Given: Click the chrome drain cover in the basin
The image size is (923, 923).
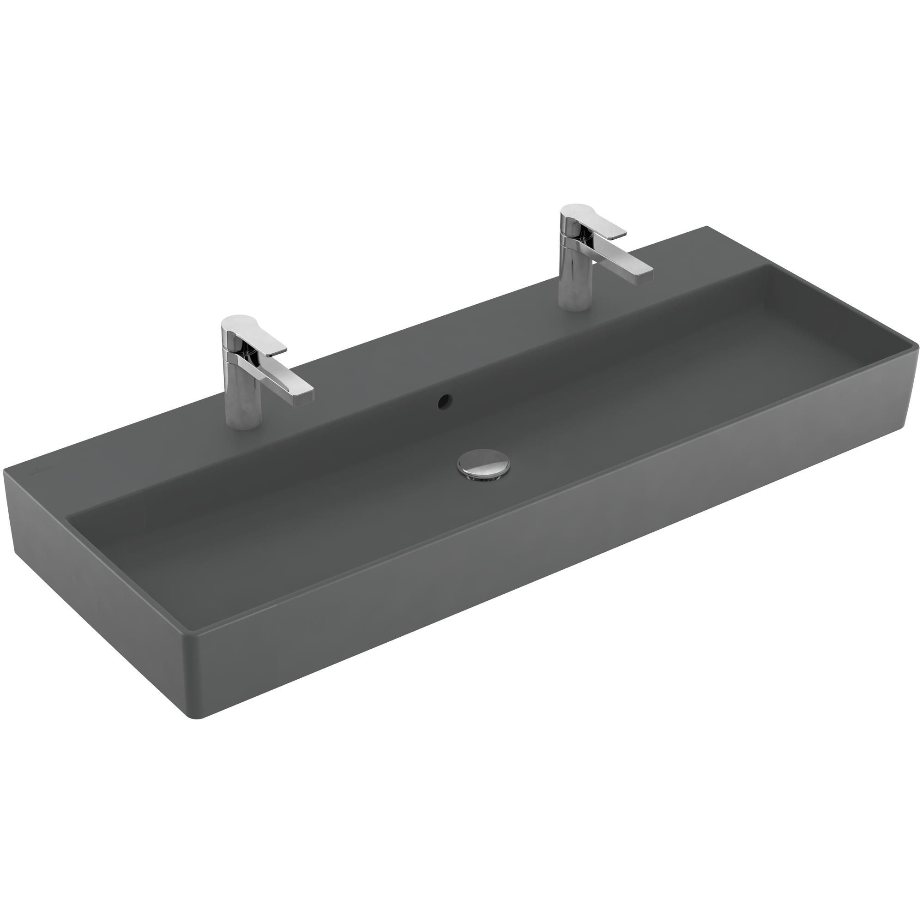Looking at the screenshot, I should coord(483,463).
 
